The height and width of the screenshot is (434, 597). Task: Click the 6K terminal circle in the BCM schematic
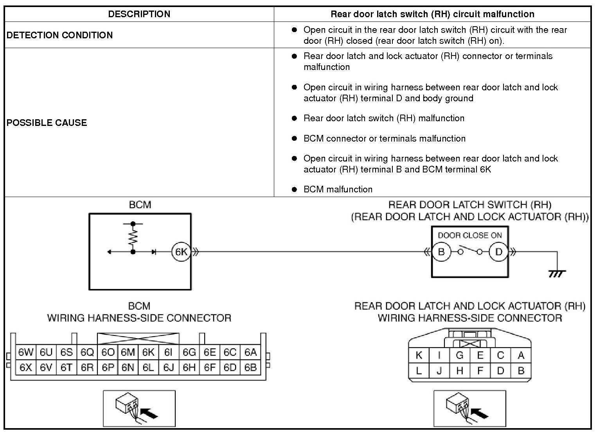181,252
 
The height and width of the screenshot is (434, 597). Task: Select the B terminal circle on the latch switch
441,252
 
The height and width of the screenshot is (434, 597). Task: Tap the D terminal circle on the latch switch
498,252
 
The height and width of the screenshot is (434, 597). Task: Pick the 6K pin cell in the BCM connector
148,353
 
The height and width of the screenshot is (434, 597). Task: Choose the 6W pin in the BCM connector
26,353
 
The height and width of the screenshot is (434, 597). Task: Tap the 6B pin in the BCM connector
250,368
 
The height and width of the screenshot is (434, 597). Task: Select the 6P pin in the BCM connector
108,368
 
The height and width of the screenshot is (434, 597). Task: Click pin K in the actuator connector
419,355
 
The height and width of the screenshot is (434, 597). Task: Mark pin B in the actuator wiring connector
521,370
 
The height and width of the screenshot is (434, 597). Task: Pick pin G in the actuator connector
460,355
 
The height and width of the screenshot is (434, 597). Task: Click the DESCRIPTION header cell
139,14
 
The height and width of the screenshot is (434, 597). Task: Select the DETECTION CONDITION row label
59,35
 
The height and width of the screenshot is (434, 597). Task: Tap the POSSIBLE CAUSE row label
47,123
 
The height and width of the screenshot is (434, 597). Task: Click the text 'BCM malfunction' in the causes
338,190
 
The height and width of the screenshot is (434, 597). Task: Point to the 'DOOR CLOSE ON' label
469,235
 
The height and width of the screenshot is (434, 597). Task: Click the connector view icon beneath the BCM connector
139,408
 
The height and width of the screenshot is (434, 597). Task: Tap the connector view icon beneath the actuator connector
469,408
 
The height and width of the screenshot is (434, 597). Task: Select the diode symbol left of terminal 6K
154,252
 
